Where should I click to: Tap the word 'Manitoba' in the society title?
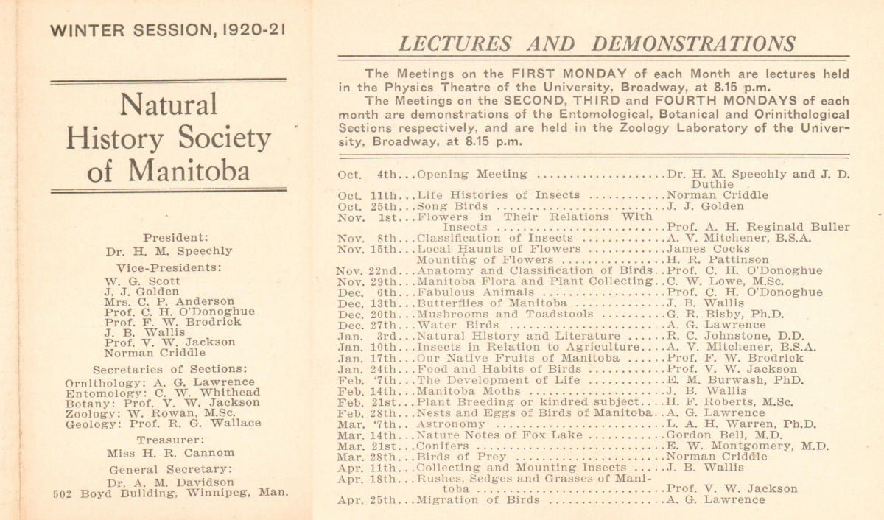(x=189, y=170)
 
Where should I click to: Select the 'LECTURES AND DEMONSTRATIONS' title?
(x=597, y=43)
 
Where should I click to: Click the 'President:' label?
(x=175, y=238)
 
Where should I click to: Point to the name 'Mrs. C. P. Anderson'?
(x=169, y=301)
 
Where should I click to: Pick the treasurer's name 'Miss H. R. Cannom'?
(x=170, y=453)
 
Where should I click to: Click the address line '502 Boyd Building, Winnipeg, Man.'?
(x=171, y=493)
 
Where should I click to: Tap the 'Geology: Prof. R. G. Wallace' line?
(x=163, y=424)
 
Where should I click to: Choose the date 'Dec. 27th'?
(x=367, y=325)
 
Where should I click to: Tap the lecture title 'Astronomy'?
(x=451, y=424)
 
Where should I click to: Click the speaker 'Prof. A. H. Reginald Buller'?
(x=757, y=227)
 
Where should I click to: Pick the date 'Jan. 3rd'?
(x=367, y=336)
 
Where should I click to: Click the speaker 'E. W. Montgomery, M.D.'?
(x=747, y=446)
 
